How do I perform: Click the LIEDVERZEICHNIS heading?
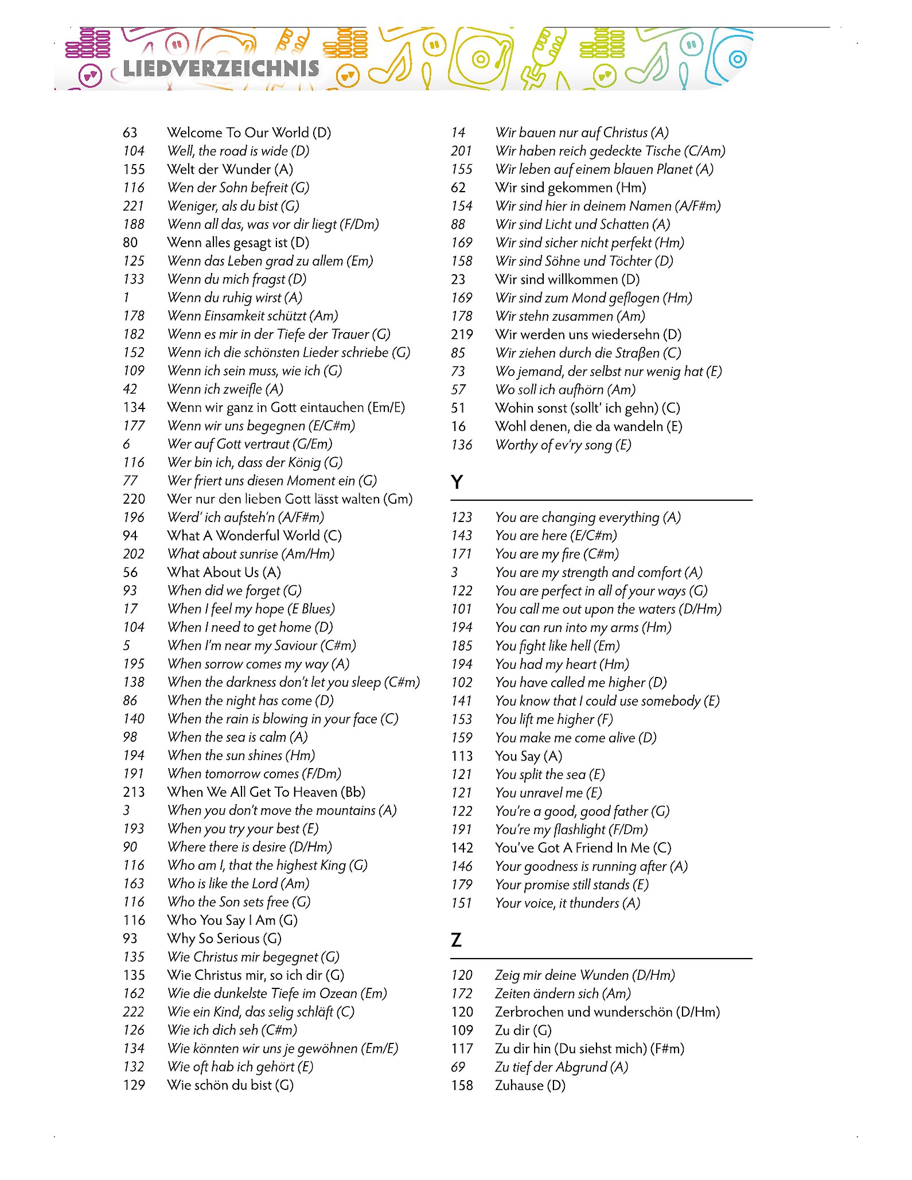[x=221, y=69]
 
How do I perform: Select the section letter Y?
[x=457, y=482]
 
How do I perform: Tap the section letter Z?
[x=457, y=940]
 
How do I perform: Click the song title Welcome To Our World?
[x=249, y=133]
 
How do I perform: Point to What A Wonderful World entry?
[x=254, y=536]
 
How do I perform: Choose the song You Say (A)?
[x=528, y=756]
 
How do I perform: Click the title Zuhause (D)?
[x=530, y=1085]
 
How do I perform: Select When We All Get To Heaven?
[x=266, y=792]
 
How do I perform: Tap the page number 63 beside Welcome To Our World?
[x=130, y=133]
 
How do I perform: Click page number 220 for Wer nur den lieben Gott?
[x=134, y=499]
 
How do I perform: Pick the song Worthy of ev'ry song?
[x=563, y=445]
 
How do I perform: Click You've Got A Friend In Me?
[x=583, y=848]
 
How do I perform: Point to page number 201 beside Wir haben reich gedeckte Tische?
[x=461, y=151]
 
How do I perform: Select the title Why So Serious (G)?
[x=224, y=938]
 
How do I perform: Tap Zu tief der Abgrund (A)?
[x=562, y=1067]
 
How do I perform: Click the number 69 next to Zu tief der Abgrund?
[x=458, y=1067]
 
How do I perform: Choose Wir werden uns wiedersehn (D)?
[x=588, y=334]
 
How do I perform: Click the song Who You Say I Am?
[x=232, y=920]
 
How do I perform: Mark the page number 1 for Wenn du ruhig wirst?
[x=126, y=298]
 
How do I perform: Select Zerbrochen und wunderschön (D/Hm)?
[x=607, y=1012]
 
